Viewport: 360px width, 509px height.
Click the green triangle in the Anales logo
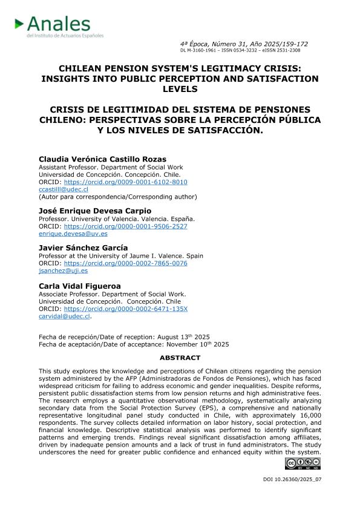(19, 24)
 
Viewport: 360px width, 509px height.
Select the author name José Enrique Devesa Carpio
(95, 211)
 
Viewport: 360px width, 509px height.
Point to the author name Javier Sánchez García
(83, 248)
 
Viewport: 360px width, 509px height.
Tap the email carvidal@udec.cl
(64, 316)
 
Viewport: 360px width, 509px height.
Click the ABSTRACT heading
(180, 358)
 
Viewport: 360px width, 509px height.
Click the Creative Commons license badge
(303, 464)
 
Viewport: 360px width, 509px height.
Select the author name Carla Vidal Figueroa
(81, 286)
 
